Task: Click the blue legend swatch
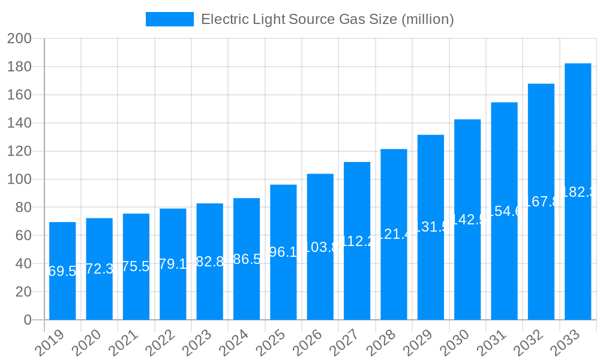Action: click(x=170, y=19)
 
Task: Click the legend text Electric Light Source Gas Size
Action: click(x=327, y=19)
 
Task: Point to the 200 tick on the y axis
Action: click(x=19, y=39)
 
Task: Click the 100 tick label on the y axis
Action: click(x=19, y=179)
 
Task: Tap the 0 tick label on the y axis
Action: click(x=27, y=320)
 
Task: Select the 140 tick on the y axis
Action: click(x=19, y=123)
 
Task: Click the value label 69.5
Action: click(x=62, y=271)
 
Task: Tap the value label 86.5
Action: click(x=247, y=259)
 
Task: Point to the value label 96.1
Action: click(x=283, y=252)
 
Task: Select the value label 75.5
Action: click(x=136, y=266)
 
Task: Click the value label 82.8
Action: click(x=209, y=262)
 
